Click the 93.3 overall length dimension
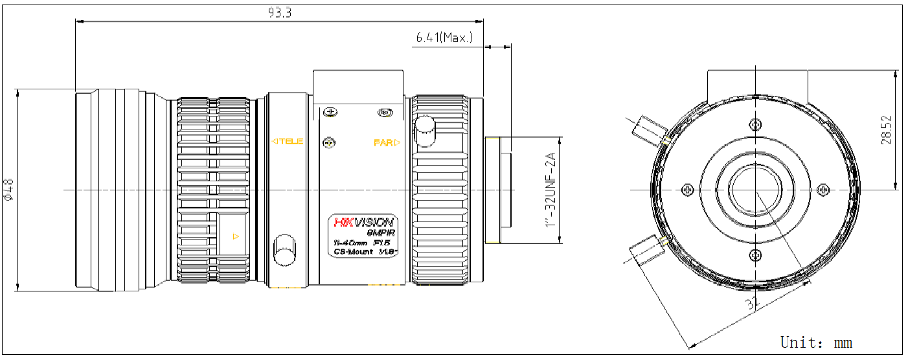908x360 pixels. pos(279,12)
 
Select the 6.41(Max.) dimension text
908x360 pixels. pos(444,38)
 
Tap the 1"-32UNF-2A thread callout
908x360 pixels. pos(551,190)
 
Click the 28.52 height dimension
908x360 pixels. pos(886,129)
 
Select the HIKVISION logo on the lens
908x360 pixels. pos(363,222)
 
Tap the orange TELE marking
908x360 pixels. pos(287,141)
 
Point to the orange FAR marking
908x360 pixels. pos(387,142)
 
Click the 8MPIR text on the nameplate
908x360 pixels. pos(381,232)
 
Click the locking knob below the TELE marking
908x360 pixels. pos(284,249)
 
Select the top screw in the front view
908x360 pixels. pos(755,124)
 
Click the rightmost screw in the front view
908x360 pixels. pos(823,189)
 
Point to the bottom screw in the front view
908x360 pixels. pos(755,254)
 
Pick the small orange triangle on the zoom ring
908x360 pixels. pos(236,236)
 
